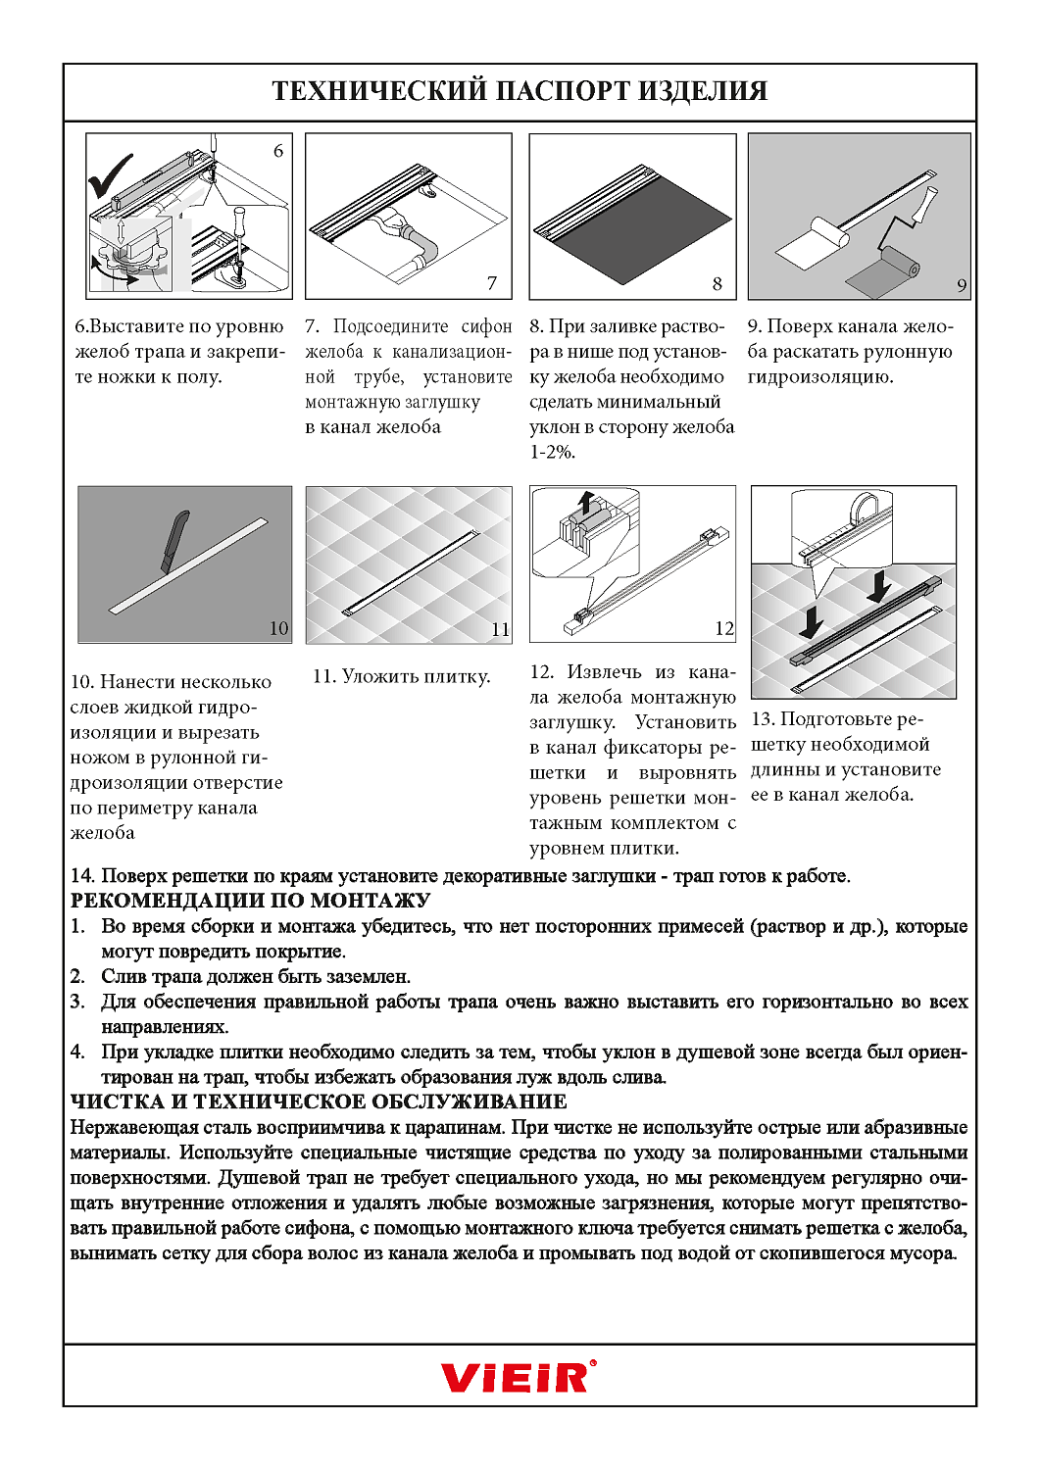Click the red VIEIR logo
(518, 1377)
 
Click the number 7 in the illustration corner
(492, 283)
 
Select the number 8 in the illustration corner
(717, 283)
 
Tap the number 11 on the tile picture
(500, 629)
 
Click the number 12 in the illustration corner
(723, 628)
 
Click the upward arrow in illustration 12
(585, 502)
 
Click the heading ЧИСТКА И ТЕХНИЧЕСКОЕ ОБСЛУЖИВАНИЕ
(319, 1102)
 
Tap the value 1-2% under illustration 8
(552, 452)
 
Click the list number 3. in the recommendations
(77, 1002)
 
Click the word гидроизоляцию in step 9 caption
(819, 376)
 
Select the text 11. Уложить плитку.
(401, 676)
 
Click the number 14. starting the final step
(82, 875)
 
